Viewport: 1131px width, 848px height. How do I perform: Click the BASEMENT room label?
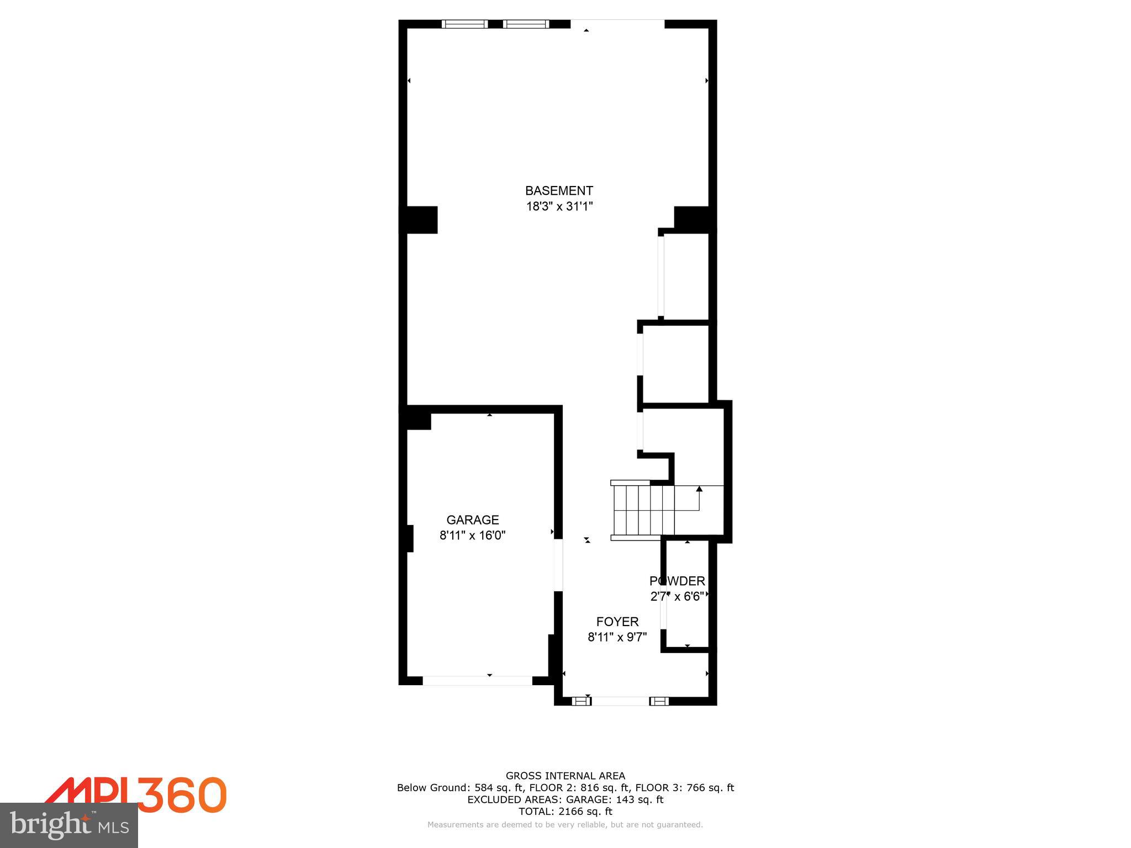(559, 191)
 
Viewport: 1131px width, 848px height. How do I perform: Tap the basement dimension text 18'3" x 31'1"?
(559, 207)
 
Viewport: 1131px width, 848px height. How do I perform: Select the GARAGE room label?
(472, 520)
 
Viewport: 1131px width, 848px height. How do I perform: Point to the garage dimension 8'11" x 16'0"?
(472, 536)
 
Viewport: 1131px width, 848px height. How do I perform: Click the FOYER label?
(617, 622)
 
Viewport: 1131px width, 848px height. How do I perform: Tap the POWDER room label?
(677, 581)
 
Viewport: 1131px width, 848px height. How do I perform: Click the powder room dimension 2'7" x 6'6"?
(677, 597)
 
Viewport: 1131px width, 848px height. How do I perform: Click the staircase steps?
(643, 511)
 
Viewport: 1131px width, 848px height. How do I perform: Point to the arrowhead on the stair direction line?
(699, 489)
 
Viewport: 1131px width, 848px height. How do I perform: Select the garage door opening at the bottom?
(478, 681)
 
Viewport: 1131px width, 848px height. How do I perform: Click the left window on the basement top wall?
(464, 24)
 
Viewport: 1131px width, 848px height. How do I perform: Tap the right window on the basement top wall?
(526, 24)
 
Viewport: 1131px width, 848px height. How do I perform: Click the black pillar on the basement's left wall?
(419, 220)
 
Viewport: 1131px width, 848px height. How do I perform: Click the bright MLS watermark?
(69, 825)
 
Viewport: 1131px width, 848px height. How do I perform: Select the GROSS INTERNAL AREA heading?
(565, 776)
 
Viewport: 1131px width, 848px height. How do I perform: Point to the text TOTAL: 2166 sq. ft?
(565, 812)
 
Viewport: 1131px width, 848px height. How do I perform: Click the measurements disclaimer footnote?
(565, 825)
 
